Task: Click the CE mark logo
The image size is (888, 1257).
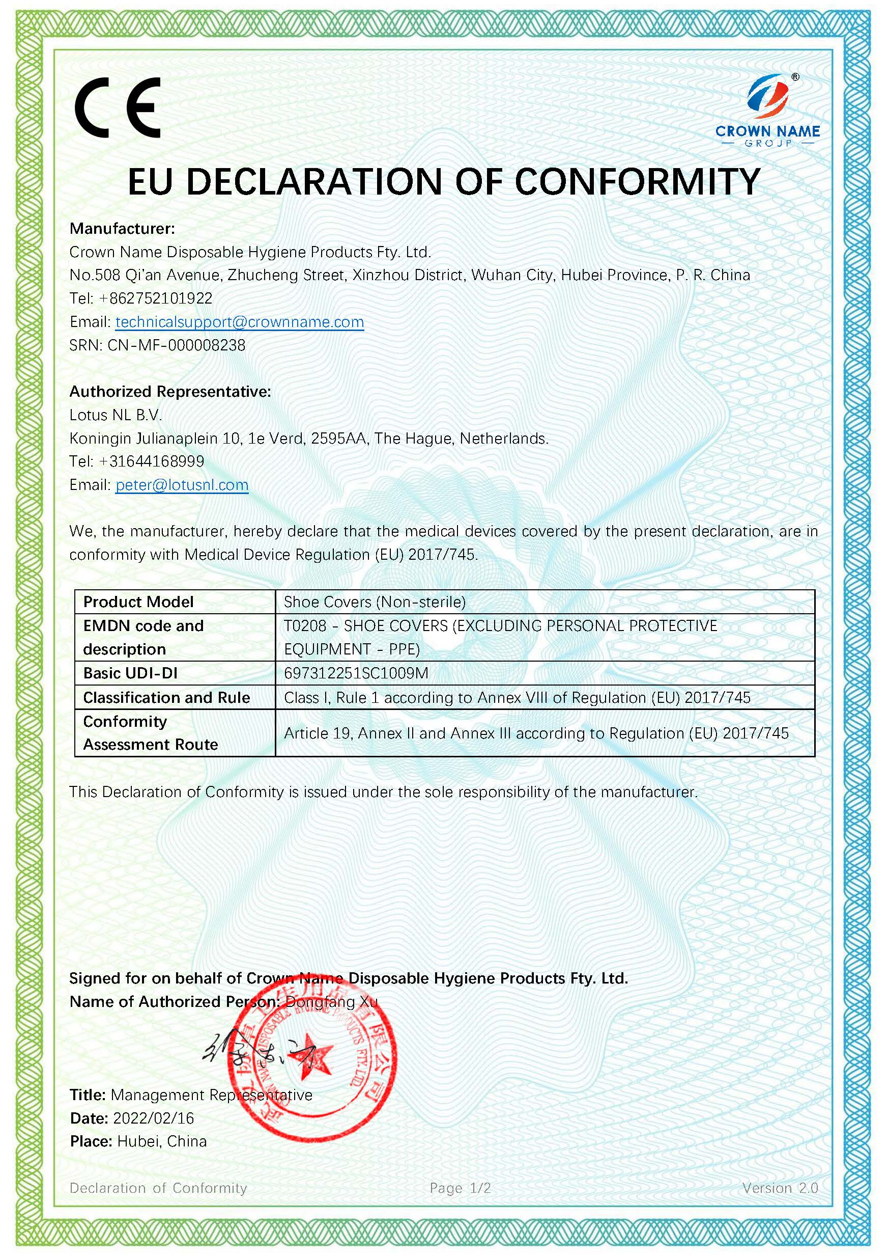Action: (118, 107)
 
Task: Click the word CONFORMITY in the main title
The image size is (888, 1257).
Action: (638, 182)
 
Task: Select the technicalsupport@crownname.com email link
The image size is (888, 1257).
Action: (240, 322)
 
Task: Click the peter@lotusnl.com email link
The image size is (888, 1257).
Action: (182, 485)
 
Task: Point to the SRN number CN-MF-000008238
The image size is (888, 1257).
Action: (176, 345)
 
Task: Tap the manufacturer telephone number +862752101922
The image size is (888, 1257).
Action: (155, 298)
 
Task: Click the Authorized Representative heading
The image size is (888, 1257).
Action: (170, 392)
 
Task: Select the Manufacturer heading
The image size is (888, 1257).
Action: (122, 228)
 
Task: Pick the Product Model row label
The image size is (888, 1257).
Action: (138, 602)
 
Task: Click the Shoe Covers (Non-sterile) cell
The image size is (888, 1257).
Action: (375, 602)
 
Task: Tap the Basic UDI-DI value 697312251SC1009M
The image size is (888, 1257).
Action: (356, 673)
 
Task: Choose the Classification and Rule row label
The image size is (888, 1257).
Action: (166, 697)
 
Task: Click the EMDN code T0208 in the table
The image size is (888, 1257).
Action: (305, 626)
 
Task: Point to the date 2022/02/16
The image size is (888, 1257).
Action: (154, 1118)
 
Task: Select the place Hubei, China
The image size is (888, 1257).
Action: (162, 1141)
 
